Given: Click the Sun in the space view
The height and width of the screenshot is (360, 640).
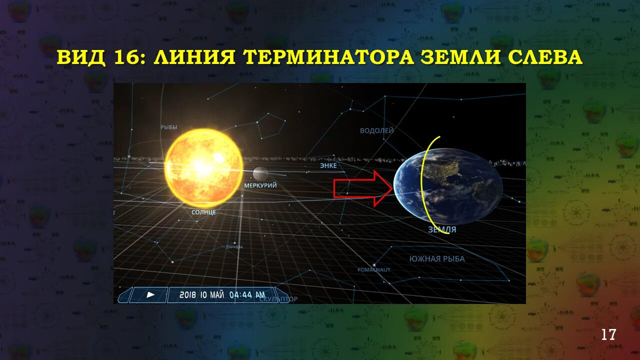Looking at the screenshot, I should click(203, 167).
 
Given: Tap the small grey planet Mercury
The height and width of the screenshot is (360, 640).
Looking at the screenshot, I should click(260, 173).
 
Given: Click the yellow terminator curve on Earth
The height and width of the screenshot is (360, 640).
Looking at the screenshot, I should click(422, 185).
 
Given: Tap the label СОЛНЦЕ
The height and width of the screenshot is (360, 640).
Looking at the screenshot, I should click(203, 212).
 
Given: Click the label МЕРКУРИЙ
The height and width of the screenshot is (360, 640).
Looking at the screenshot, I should click(260, 185).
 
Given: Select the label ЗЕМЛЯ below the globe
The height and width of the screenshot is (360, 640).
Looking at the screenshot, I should click(442, 230).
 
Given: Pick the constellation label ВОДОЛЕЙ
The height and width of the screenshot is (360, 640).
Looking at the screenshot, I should click(377, 131).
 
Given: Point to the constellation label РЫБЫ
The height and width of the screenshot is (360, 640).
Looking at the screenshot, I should click(169, 127).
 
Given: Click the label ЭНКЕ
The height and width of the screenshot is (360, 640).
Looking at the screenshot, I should click(328, 165).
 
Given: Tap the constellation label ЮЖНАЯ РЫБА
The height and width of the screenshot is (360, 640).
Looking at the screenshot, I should click(437, 259).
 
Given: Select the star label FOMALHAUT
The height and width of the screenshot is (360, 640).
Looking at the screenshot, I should click(374, 270).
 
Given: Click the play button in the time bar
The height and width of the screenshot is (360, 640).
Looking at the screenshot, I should click(150, 295).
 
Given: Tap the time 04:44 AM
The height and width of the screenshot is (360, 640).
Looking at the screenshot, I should click(247, 295).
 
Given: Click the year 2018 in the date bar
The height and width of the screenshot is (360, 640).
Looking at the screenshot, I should click(188, 295).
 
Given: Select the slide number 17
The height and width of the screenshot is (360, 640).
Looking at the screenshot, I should click(608, 334).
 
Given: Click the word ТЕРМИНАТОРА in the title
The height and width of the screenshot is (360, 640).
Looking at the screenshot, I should click(328, 57).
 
